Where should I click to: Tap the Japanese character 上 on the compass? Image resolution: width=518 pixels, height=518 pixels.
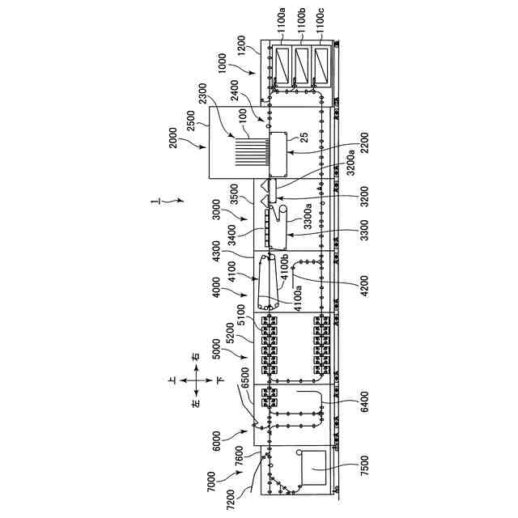[x=173, y=379]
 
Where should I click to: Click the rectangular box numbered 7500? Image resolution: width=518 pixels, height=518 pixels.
[x=312, y=469]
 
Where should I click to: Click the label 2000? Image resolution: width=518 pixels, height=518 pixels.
[x=172, y=142]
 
